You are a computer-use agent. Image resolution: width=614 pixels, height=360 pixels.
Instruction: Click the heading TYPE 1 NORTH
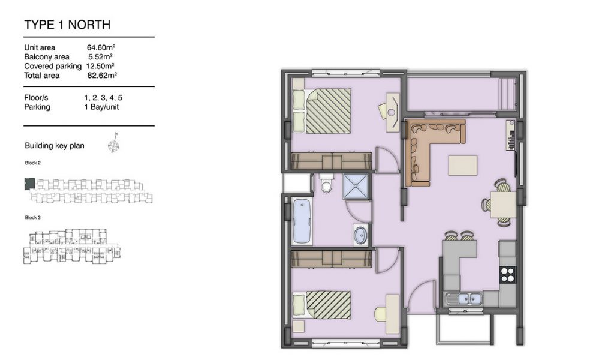coord(67,25)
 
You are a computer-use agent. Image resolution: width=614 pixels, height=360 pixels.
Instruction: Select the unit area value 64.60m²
coord(101,47)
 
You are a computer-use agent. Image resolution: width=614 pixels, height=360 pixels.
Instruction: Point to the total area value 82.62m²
coord(102,75)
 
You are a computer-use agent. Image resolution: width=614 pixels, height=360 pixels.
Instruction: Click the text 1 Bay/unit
coord(101,107)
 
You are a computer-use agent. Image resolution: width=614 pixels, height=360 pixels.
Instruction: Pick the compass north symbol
coord(113,143)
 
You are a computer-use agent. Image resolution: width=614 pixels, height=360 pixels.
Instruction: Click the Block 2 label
coord(32,163)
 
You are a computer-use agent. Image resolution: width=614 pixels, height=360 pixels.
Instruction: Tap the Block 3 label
coord(32,217)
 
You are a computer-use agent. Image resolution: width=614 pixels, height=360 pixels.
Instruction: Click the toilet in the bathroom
coord(326,184)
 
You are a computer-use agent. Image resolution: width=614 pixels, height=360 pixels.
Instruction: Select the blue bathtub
coord(302,222)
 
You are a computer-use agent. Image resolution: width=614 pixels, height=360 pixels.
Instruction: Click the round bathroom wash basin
coord(360,235)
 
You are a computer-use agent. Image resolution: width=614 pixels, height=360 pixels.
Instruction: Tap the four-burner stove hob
coord(508,274)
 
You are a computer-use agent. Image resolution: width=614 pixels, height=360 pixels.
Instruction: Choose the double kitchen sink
coord(469,299)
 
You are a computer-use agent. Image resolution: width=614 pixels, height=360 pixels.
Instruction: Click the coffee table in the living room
coord(462,166)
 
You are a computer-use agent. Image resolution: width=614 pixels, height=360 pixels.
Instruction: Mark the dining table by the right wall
coord(503,205)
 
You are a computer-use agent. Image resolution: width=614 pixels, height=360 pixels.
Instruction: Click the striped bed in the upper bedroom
coord(322,111)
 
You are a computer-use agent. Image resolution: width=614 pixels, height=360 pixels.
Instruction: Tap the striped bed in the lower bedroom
coord(322,305)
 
